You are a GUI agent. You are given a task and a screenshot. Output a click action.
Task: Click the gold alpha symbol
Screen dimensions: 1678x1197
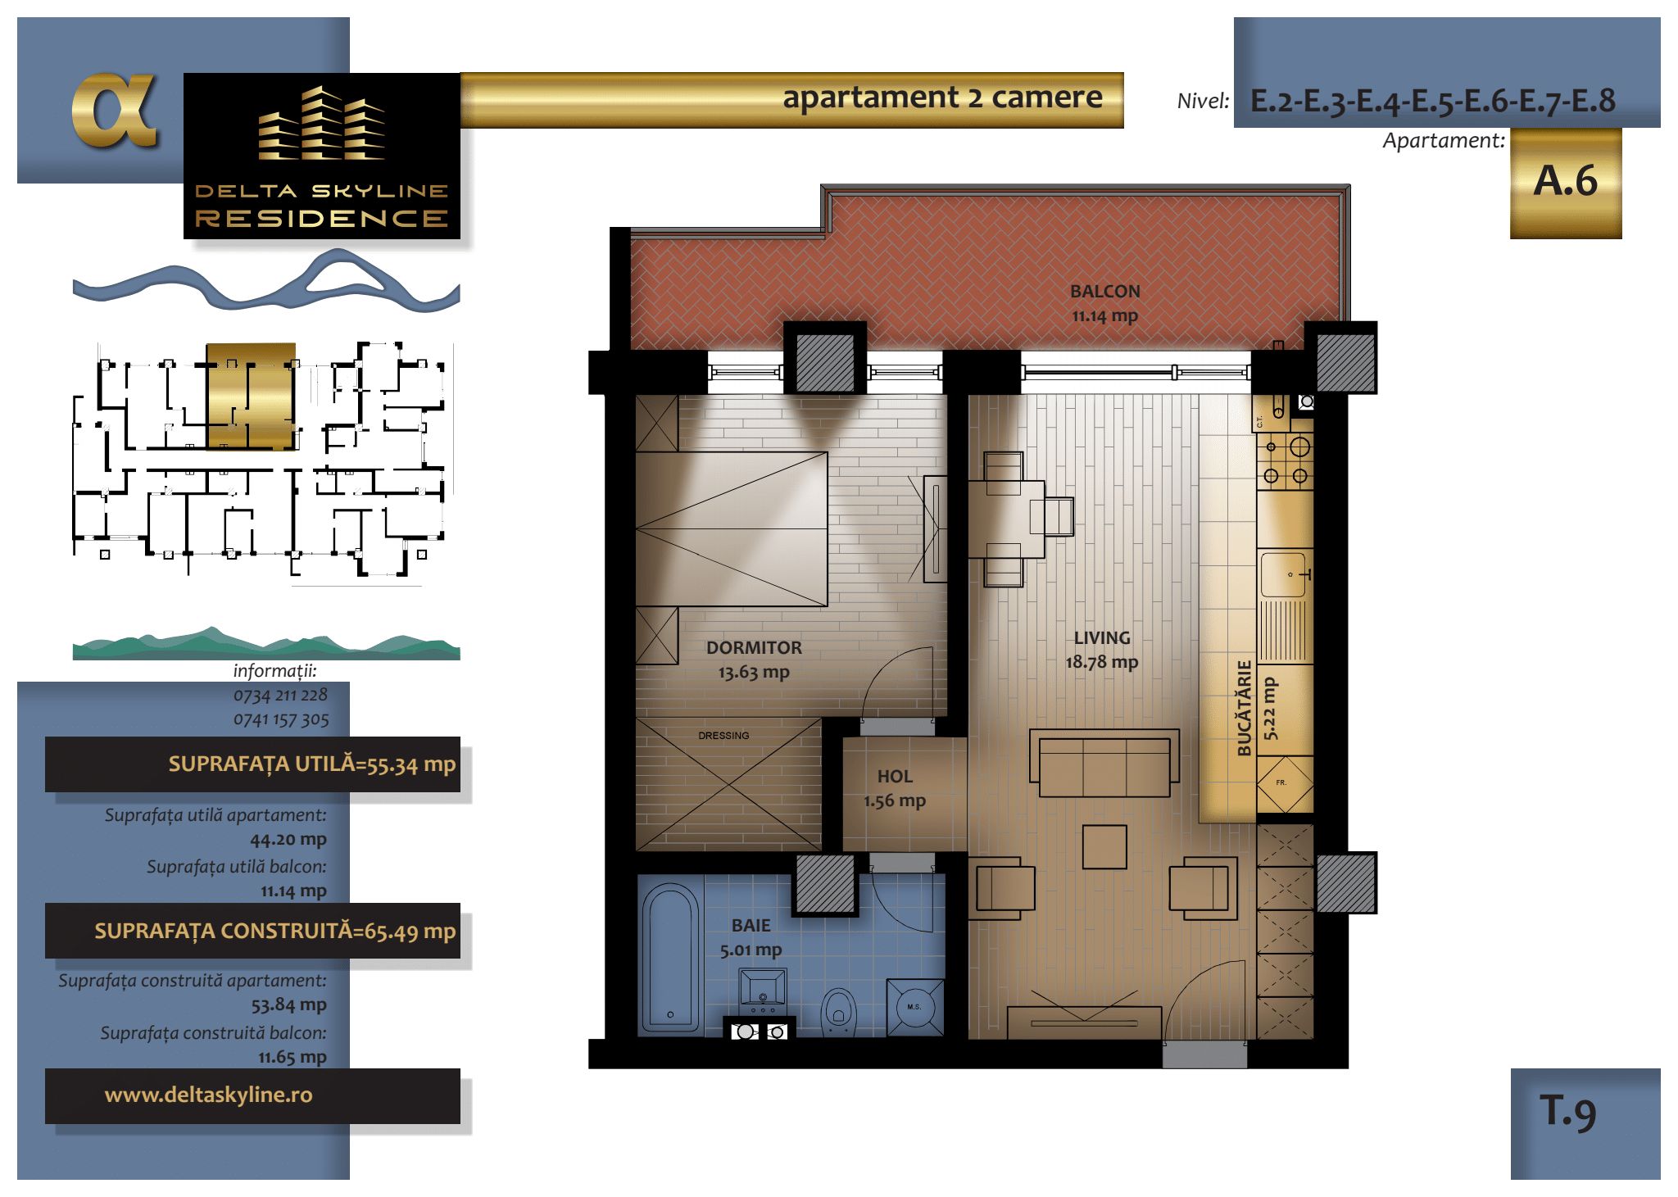pyautogui.click(x=115, y=111)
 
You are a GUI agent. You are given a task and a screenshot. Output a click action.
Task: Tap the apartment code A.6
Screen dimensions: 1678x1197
pyautogui.click(x=1565, y=180)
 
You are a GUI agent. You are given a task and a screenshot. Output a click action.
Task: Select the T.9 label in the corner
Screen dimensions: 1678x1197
pyautogui.click(x=1567, y=1112)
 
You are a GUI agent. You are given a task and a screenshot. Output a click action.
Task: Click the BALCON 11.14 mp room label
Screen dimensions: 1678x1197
pyautogui.click(x=1104, y=303)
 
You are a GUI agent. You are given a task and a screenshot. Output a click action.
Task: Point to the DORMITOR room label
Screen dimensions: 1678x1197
pyautogui.click(x=754, y=647)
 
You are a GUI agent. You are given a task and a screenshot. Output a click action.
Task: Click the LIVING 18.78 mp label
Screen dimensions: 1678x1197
pyautogui.click(x=1102, y=650)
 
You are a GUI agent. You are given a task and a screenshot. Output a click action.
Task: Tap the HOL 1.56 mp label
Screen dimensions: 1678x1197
pyautogui.click(x=895, y=788)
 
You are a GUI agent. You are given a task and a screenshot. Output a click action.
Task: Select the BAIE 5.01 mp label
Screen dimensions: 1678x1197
pyautogui.click(x=751, y=937)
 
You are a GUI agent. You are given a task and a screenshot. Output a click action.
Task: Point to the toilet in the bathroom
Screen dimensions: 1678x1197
pyautogui.click(x=837, y=1010)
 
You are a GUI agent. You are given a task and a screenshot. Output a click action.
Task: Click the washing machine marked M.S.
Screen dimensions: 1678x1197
pyautogui.click(x=914, y=1006)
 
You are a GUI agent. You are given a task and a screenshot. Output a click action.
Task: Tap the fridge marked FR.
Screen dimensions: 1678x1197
pyautogui.click(x=1285, y=784)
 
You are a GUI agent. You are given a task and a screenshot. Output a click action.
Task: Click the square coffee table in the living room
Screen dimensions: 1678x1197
pyautogui.click(x=1104, y=847)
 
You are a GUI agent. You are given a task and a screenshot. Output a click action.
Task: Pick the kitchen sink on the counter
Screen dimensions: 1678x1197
pyautogui.click(x=1283, y=574)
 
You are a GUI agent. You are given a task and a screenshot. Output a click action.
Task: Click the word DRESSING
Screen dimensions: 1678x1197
pyautogui.click(x=723, y=736)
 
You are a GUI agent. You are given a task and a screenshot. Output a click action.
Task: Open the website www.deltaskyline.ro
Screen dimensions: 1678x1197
pyautogui.click(x=208, y=1095)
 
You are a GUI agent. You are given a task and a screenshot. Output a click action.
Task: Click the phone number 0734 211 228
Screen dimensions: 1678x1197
pyautogui.click(x=280, y=695)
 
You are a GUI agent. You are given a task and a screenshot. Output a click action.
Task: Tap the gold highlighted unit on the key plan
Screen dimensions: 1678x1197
pyautogui.click(x=250, y=397)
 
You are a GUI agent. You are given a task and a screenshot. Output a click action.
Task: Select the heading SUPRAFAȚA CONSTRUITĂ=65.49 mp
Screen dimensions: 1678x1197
pyautogui.click(x=274, y=931)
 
